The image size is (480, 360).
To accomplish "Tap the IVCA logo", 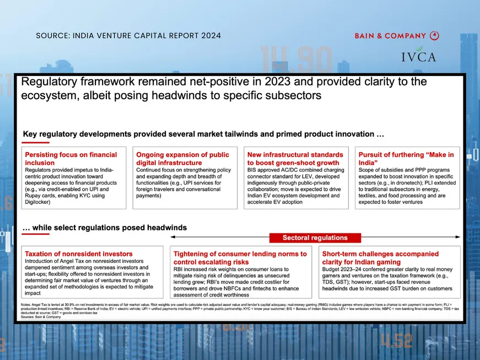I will point(418,56).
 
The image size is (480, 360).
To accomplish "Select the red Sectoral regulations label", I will point(315,238).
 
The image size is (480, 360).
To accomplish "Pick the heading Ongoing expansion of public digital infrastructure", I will point(182,159).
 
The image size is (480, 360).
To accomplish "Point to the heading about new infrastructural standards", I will point(295,159).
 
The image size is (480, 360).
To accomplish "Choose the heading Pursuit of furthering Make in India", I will point(406,159).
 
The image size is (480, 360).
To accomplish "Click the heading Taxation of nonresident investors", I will point(79,254).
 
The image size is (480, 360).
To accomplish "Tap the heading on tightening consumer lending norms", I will point(240,257).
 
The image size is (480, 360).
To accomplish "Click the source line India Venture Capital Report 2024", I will point(128,36).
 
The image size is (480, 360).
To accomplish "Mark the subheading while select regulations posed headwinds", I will point(105,227).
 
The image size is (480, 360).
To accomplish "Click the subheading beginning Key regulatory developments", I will point(203,134).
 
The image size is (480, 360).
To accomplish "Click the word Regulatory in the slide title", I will point(49,82).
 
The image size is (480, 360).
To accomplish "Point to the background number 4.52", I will point(396,340).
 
